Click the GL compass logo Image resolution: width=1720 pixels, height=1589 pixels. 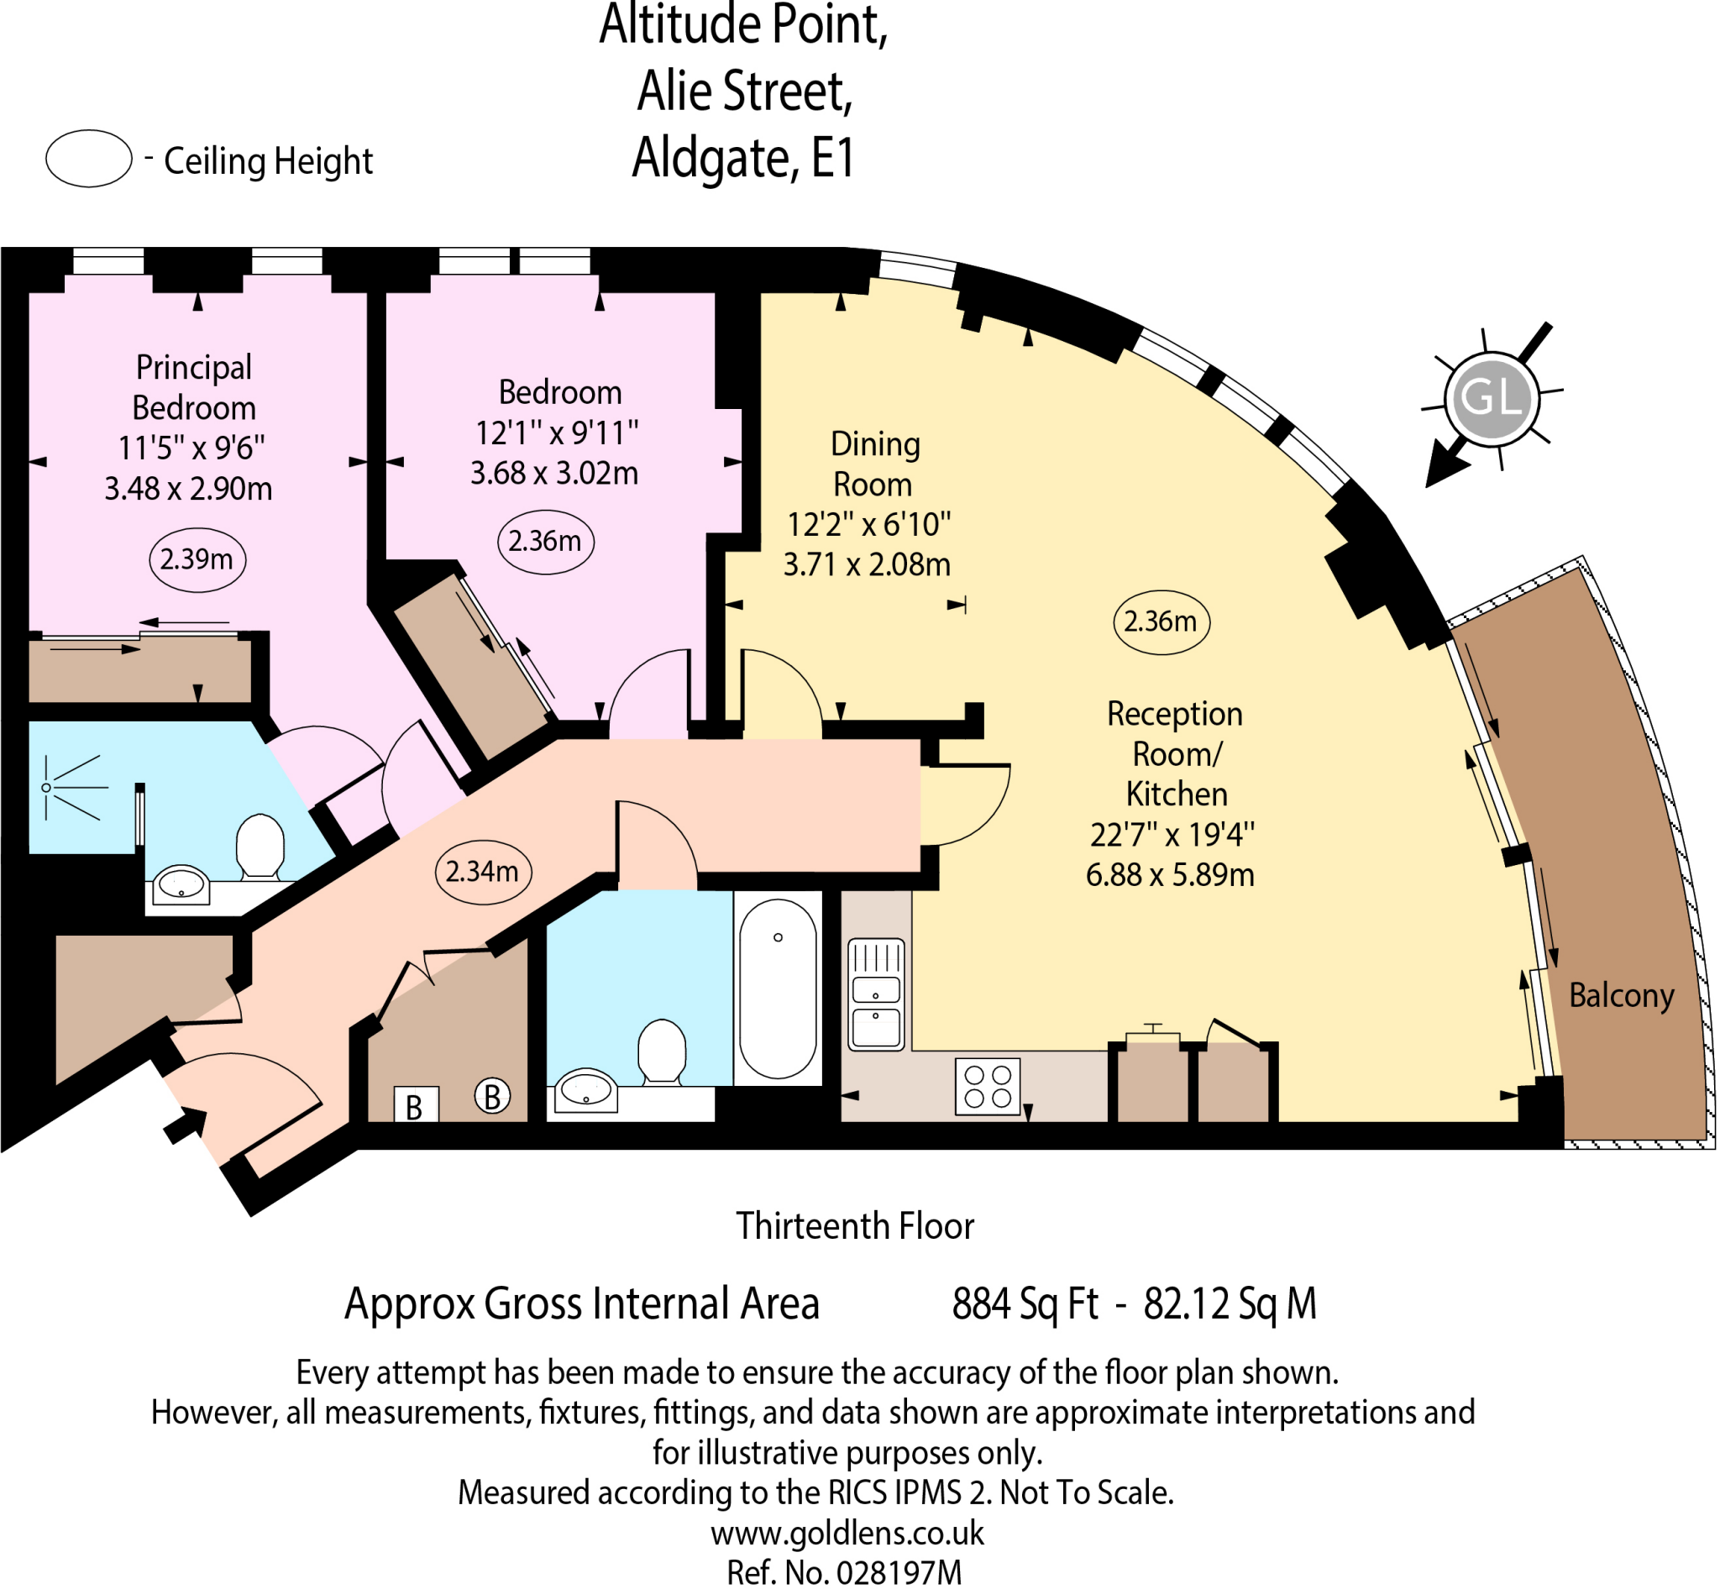pyautogui.click(x=1491, y=397)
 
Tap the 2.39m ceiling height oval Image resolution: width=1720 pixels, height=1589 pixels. pyautogui.click(x=197, y=559)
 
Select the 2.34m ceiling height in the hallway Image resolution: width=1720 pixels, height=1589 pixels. pyautogui.click(x=482, y=872)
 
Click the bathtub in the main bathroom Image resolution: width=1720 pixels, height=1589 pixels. pyautogui.click(x=778, y=989)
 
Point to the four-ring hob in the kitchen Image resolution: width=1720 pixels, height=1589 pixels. pyautogui.click(x=988, y=1087)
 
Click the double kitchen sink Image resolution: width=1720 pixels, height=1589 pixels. pyautogui.click(x=875, y=994)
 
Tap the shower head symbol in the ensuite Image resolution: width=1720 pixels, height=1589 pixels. pyautogui.click(x=47, y=788)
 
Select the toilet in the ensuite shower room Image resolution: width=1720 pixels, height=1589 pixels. pyautogui.click(x=260, y=847)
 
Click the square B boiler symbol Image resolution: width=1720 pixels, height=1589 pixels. pyautogui.click(x=416, y=1106)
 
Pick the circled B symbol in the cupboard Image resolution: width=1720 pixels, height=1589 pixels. pyautogui.click(x=492, y=1096)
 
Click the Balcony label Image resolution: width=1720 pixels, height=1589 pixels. pyautogui.click(x=1621, y=996)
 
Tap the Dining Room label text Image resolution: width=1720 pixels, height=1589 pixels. pyautogui.click(x=873, y=464)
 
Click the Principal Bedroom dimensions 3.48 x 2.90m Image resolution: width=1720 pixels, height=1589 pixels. pyautogui.click(x=188, y=490)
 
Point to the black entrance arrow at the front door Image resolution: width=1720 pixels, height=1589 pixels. pyautogui.click(x=186, y=1125)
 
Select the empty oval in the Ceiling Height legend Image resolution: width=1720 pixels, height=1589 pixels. pyautogui.click(x=88, y=158)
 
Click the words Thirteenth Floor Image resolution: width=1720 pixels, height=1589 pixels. pyautogui.click(x=855, y=1226)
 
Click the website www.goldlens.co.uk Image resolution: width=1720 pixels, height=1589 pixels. pyautogui.click(x=847, y=1533)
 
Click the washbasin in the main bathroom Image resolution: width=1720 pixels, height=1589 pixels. pyautogui.click(x=586, y=1091)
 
